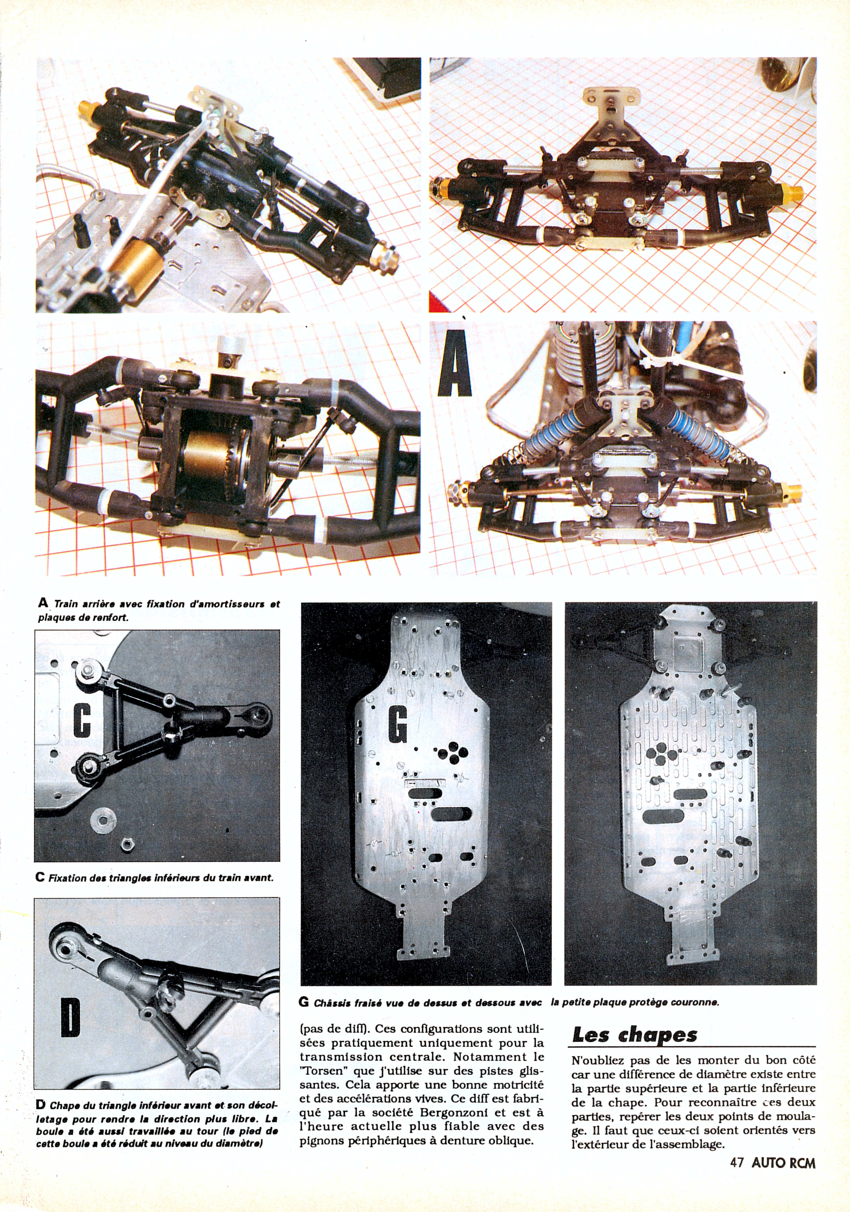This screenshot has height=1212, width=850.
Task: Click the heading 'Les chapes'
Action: click(x=635, y=1047)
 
